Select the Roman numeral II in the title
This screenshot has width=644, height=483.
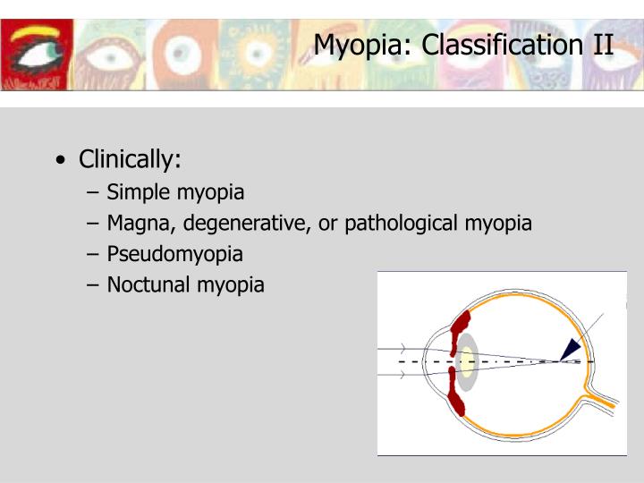(603, 45)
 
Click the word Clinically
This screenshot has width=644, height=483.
(130, 160)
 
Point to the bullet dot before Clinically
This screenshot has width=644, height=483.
(59, 162)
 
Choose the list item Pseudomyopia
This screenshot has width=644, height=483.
(174, 253)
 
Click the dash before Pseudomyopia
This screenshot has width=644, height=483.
(95, 254)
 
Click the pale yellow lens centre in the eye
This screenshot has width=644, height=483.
(465, 361)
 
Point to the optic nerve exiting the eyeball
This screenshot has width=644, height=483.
(600, 400)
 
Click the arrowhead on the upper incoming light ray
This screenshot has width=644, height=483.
(403, 348)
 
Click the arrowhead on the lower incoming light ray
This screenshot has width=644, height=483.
(403, 375)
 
